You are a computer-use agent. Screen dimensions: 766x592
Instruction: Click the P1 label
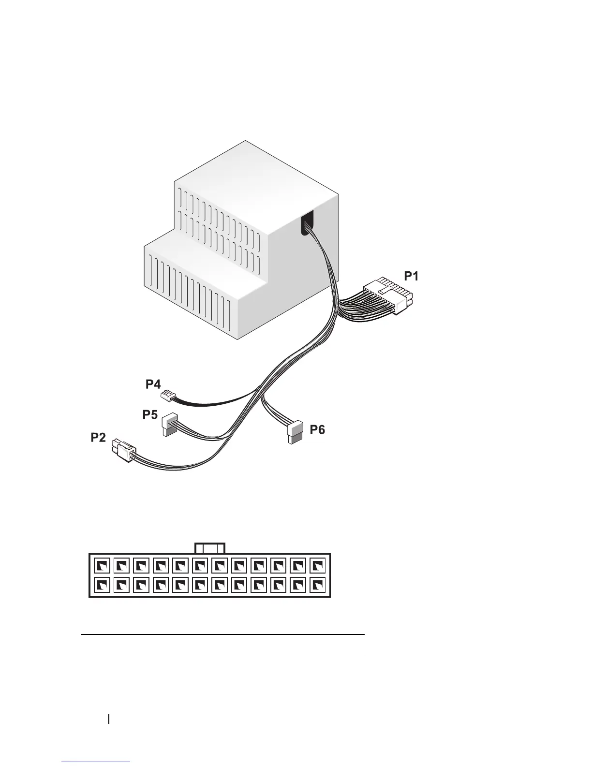coord(412,276)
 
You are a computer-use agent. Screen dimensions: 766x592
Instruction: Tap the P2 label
coord(98,438)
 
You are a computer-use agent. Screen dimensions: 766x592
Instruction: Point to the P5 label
coord(150,414)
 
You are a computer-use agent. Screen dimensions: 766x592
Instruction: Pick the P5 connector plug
coord(169,424)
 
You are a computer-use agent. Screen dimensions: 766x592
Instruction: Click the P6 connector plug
coord(294,432)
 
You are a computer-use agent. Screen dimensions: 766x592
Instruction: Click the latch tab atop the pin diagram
coord(210,548)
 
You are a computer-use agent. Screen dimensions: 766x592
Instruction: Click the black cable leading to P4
coord(213,401)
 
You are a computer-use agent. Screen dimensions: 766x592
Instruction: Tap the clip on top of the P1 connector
coord(385,290)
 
